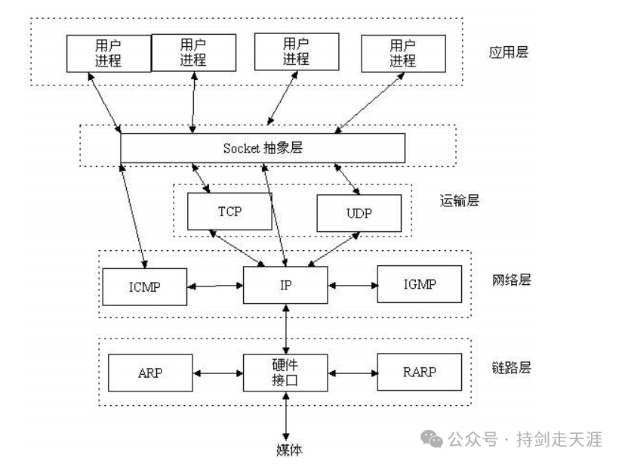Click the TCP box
229,211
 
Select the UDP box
359,213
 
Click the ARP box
150,373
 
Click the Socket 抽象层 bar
262,148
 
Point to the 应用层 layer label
508,53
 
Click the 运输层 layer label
459,201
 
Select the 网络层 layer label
511,280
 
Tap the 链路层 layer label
511,368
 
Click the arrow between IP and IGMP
353,286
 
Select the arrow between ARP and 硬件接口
217,373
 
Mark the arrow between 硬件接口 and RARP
353,373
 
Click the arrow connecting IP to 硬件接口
286,328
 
